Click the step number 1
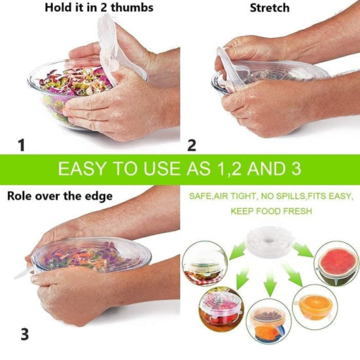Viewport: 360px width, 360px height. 22,145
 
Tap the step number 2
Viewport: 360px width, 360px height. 191,145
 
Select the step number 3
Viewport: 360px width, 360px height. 24,334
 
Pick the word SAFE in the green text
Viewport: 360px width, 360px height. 199,196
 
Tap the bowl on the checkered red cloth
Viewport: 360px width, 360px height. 205,265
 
